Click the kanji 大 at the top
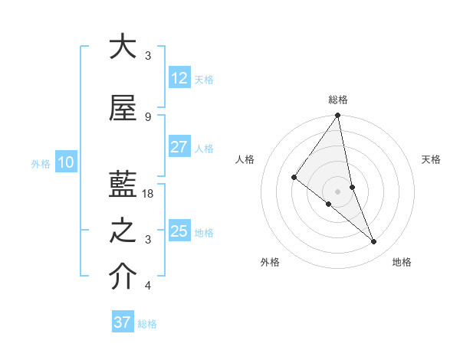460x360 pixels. pyautogui.click(x=123, y=47)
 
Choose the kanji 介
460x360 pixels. pyautogui.click(x=123, y=277)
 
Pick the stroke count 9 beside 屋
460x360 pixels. pyautogui.click(x=147, y=116)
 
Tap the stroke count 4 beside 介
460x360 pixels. pyautogui.click(x=147, y=286)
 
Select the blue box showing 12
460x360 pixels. pyautogui.click(x=179, y=78)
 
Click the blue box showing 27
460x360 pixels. pyautogui.click(x=179, y=147)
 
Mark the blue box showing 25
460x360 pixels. pyautogui.click(x=179, y=231)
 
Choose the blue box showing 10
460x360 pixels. pyautogui.click(x=66, y=162)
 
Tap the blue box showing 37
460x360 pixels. pyautogui.click(x=122, y=322)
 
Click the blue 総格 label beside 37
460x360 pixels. pyautogui.click(x=147, y=324)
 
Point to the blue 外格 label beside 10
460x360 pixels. pyautogui.click(x=41, y=163)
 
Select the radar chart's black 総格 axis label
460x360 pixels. pyautogui.click(x=337, y=100)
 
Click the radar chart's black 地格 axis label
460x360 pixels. pyautogui.click(x=402, y=262)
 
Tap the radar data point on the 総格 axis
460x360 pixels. pyautogui.click(x=337, y=116)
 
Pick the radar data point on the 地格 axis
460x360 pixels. pyautogui.click(x=374, y=241)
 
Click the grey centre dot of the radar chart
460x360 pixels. pyautogui.click(x=337, y=191)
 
